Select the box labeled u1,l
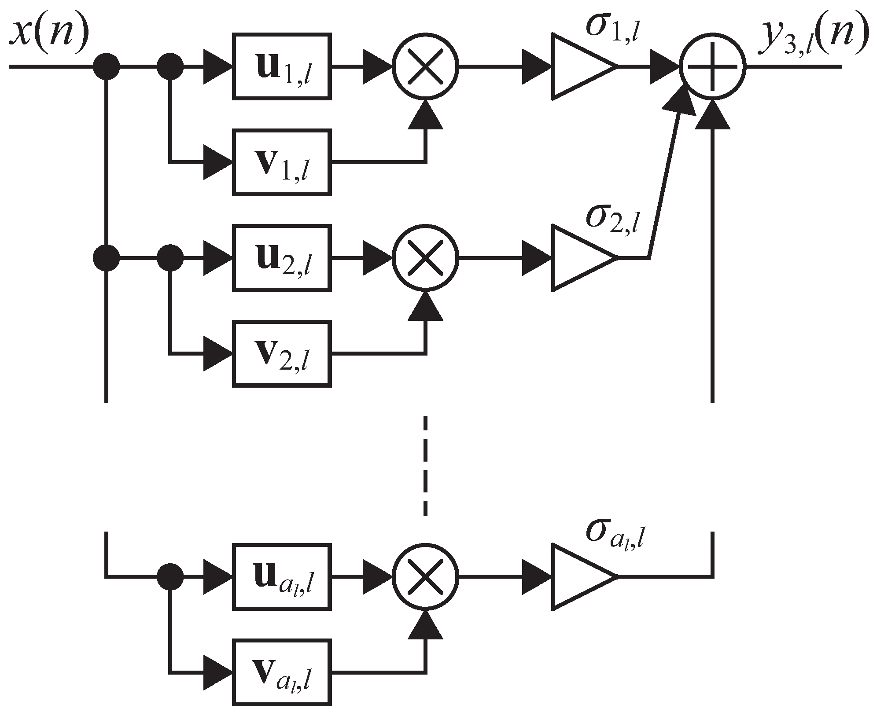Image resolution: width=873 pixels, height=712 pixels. pos(282,66)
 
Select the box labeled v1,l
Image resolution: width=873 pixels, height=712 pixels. pos(282,162)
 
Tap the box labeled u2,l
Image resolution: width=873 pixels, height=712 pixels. pos(282,258)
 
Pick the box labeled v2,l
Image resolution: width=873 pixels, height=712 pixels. pos(282,354)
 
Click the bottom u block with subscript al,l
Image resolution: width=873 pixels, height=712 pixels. pos(282,576)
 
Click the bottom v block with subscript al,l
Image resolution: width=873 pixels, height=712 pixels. pos(282,672)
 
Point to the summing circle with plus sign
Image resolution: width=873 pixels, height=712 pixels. pos(713,66)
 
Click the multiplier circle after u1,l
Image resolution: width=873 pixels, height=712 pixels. pos(425,66)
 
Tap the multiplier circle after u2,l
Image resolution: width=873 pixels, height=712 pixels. pos(425,258)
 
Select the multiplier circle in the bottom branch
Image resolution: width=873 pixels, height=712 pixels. pos(425,576)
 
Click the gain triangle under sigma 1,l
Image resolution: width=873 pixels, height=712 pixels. pos(579,66)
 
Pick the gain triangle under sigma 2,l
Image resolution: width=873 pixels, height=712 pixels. pos(579,258)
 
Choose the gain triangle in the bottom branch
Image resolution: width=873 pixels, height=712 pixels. pos(579,576)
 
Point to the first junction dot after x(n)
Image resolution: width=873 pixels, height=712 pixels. pos(106,66)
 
